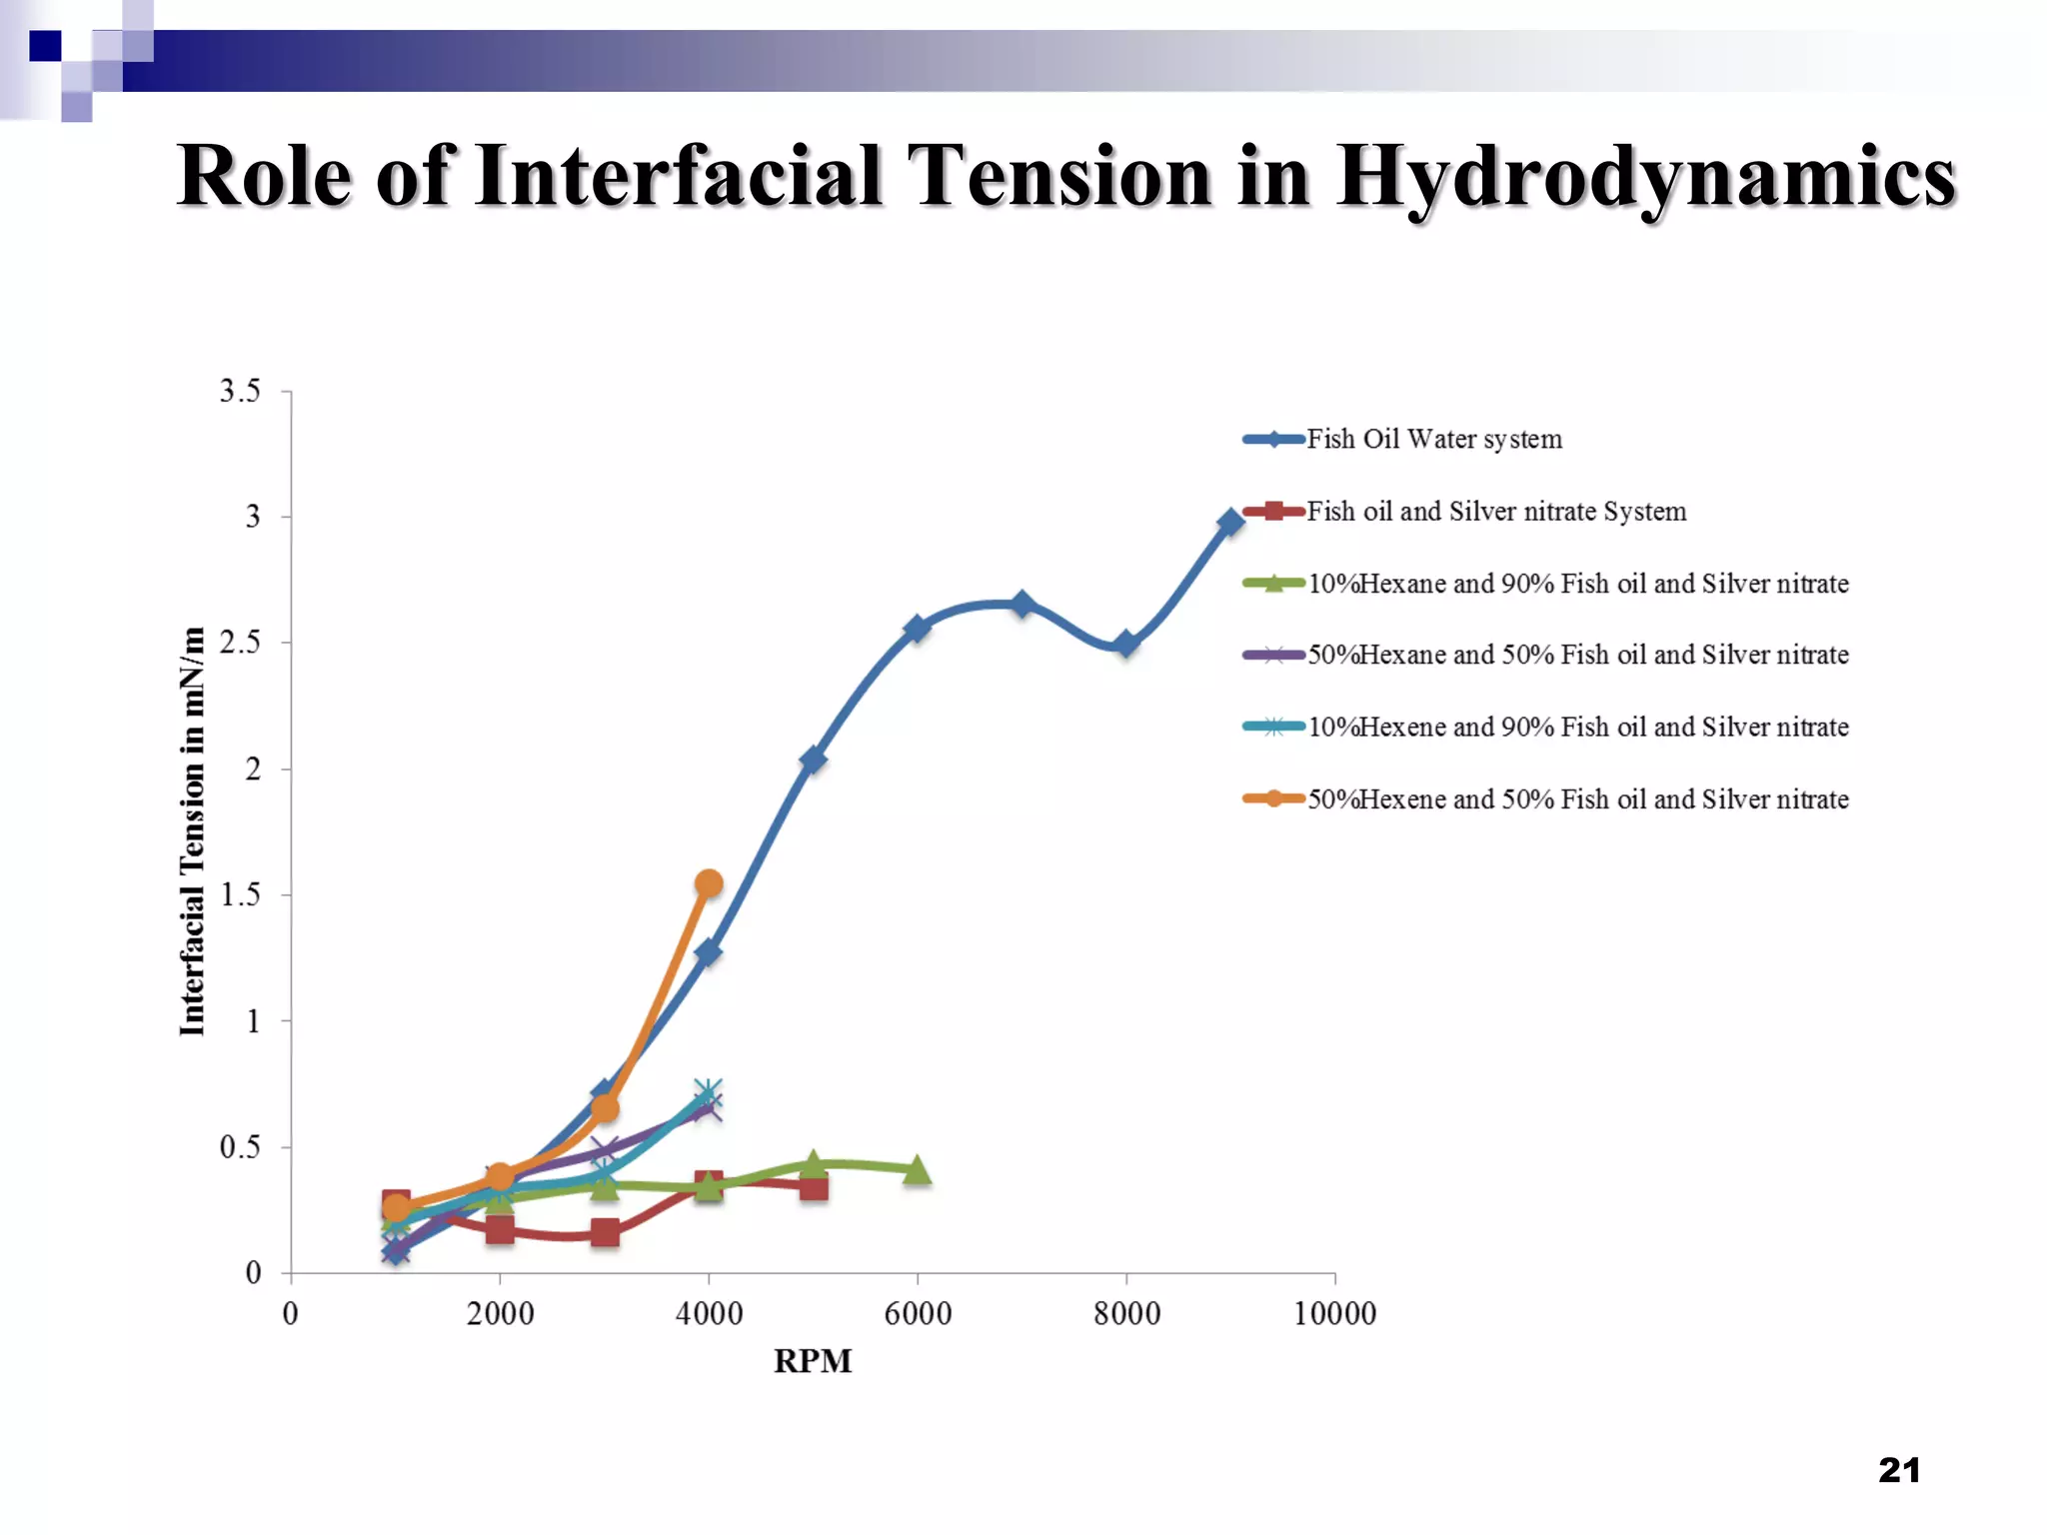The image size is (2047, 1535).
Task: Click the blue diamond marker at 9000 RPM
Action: [1230, 522]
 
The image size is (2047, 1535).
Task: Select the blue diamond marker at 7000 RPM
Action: [1022, 604]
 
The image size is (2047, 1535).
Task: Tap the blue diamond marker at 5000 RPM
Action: [813, 760]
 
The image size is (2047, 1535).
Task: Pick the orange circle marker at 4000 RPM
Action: [709, 883]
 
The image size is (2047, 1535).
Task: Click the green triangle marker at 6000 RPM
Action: [917, 1170]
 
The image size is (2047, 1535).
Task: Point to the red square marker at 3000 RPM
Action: [604, 1232]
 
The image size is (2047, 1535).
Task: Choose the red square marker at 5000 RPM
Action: [814, 1187]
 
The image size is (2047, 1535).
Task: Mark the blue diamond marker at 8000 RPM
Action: [1126, 645]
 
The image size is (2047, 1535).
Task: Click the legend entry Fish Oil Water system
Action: [1433, 440]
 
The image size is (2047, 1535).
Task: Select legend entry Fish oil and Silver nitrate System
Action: [1495, 512]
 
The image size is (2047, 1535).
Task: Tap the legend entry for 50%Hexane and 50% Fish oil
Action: [1577, 656]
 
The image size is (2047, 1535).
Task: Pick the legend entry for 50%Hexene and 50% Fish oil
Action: [1577, 799]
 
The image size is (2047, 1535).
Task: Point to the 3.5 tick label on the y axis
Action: [240, 391]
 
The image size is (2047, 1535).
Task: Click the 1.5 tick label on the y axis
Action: [240, 894]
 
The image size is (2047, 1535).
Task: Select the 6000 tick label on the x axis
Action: [918, 1313]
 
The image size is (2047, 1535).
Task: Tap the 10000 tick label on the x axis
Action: [1334, 1313]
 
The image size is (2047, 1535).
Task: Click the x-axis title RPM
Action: [813, 1361]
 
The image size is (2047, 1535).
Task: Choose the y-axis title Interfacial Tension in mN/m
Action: [193, 831]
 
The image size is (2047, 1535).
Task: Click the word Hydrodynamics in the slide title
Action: [1645, 178]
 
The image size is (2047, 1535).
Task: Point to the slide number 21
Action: [1899, 1470]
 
